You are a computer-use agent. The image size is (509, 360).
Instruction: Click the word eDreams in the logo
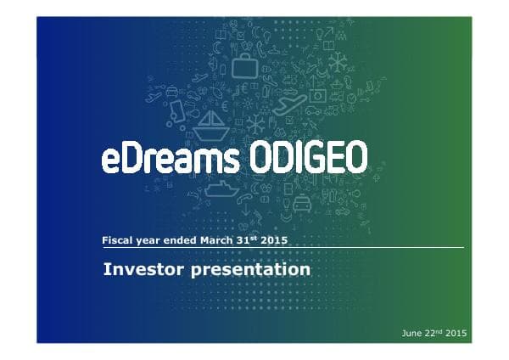point(161,159)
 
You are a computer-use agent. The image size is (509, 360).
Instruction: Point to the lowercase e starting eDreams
point(111,161)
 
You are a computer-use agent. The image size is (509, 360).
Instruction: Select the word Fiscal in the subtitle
point(116,240)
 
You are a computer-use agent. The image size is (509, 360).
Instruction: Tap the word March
point(216,240)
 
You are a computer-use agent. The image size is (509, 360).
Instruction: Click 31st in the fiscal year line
point(246,240)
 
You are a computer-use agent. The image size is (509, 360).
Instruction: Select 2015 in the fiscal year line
point(274,240)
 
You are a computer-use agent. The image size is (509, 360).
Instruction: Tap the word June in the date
point(412,332)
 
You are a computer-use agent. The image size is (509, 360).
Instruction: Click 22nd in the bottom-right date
point(435,332)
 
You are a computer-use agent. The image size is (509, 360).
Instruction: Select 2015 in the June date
point(456,332)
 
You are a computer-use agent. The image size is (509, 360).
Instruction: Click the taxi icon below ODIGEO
point(302,205)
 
